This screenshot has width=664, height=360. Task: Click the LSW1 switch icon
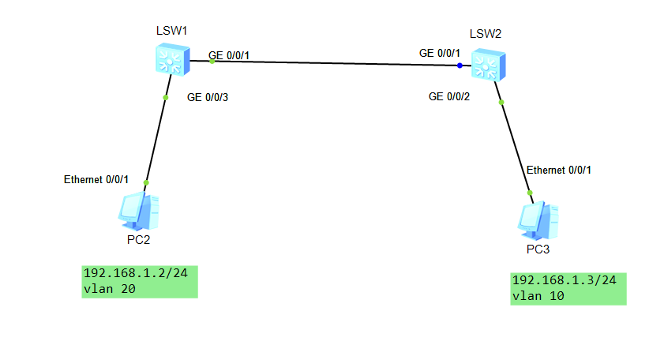point(171,59)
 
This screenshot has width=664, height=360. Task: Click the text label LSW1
point(171,32)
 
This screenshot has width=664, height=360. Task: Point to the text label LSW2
point(485,34)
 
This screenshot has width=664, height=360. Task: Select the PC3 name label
point(538,250)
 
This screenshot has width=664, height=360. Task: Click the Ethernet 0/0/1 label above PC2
point(96,180)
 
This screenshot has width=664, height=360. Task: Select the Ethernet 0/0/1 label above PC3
point(558,170)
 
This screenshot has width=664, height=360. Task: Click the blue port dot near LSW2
point(460,66)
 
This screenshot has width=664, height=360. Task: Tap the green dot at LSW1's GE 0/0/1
point(212,61)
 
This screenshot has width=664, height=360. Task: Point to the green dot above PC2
point(146,182)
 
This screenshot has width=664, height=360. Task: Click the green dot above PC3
point(530,192)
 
